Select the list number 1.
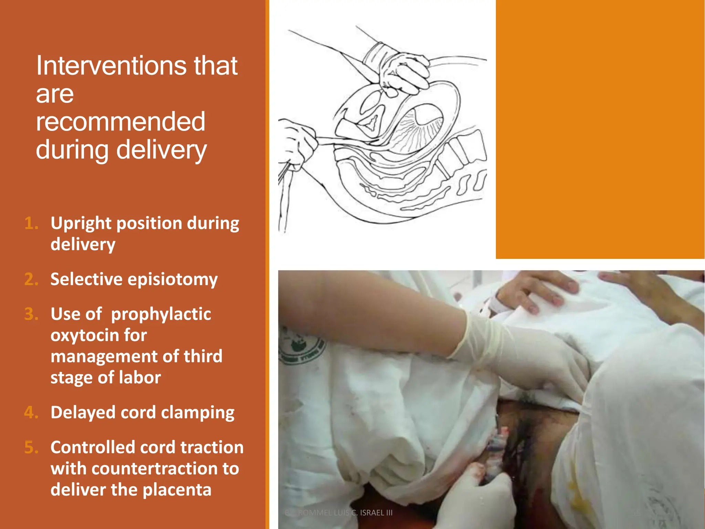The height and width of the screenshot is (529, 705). coord(31,223)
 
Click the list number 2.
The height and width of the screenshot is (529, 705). coord(31,279)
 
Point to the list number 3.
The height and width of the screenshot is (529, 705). coord(31,314)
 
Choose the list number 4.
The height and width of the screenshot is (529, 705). coord(31,412)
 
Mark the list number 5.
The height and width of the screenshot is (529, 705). coord(31,447)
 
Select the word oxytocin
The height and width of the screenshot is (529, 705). coord(99,335)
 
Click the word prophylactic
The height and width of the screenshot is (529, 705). coord(161,314)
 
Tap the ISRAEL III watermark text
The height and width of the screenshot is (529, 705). coord(376,513)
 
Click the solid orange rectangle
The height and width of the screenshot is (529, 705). coord(600,129)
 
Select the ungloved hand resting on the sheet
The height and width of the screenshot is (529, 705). coord(537,291)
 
